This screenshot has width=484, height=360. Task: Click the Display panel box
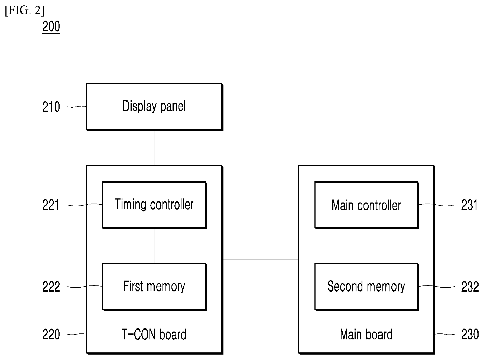coord(154,107)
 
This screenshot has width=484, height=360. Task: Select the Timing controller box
coord(154,205)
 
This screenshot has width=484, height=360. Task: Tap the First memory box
coord(154,287)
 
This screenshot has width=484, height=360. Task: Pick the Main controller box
coord(366,205)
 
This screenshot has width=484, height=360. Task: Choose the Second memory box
coord(366,287)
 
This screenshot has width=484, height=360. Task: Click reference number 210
coord(51,107)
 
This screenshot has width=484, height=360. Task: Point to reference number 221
coord(51,205)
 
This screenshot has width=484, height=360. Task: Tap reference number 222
coord(51,287)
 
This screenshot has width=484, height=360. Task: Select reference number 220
coord(51,335)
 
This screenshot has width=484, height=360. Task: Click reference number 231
coord(469,205)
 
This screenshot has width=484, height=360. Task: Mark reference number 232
coord(470,287)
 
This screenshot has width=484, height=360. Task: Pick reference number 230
coord(470,335)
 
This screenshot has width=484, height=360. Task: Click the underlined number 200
coord(51,27)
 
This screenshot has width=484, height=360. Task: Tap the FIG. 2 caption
coord(25,11)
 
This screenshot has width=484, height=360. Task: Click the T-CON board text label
coord(154,335)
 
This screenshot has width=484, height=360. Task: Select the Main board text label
coord(366,335)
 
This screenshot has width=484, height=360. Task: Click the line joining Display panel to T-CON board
coord(154,148)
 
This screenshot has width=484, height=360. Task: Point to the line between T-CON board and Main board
coord(261,259)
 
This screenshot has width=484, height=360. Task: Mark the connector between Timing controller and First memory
coord(154,246)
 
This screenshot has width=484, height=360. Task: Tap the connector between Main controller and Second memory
coord(366,246)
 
